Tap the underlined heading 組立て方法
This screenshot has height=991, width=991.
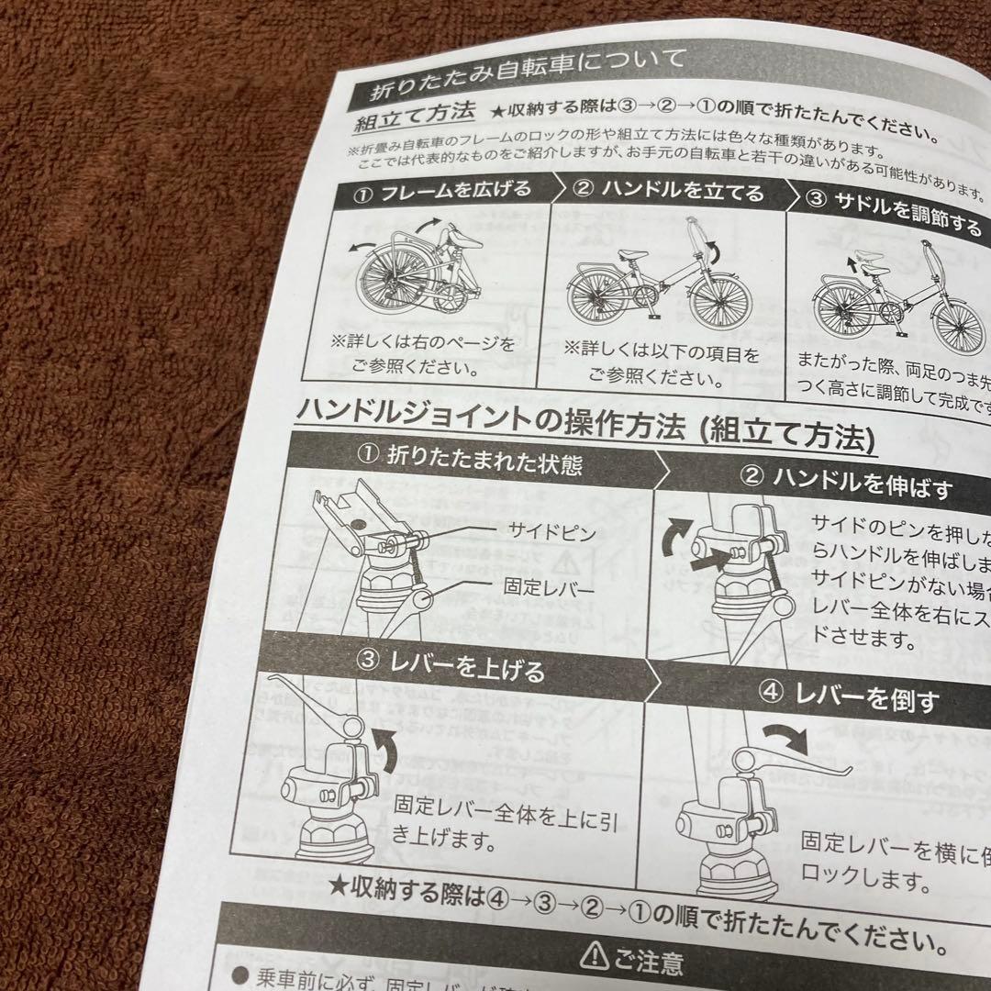click(x=414, y=117)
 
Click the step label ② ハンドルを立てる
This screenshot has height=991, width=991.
click(x=669, y=192)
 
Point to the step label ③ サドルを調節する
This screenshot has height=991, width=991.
click(x=893, y=213)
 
